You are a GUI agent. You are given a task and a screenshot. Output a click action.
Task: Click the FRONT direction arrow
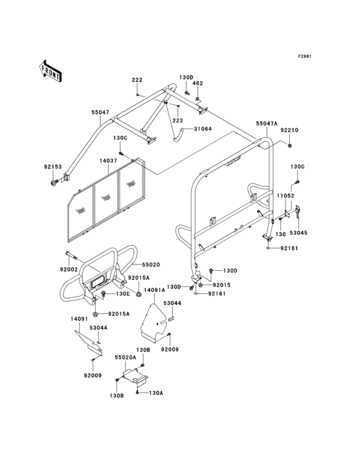coord(50,71)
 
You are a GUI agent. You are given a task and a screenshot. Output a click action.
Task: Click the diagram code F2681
coord(305,56)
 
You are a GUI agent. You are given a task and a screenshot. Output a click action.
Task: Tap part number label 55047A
coord(267,124)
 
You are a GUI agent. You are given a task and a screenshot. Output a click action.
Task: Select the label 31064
coord(203,129)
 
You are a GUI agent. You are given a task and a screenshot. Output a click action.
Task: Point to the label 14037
coord(108,161)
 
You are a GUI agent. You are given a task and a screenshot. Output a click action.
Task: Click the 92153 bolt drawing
coord(54,182)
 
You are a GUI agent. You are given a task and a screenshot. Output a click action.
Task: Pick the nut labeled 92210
coord(290,146)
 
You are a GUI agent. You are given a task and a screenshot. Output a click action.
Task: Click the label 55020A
coord(125,358)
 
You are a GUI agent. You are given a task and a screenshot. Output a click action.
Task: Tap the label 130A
coord(156,393)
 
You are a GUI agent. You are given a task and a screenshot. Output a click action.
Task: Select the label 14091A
coord(154,290)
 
